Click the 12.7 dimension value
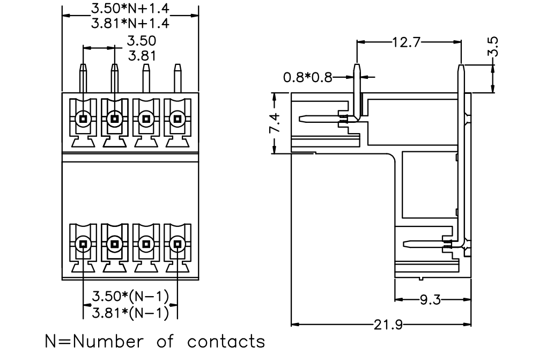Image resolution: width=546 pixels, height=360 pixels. [x=407, y=42]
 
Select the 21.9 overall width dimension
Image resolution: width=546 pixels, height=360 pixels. [x=388, y=325]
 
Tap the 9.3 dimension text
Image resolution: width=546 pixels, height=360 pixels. [x=430, y=299]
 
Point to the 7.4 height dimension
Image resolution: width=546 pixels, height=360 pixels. [x=275, y=122]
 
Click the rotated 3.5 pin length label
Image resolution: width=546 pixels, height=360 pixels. [x=493, y=47]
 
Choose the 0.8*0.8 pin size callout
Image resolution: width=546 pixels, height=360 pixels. [x=308, y=77]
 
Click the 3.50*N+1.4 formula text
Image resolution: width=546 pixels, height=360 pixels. [x=130, y=9]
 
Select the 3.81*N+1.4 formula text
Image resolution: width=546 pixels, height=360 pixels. [x=130, y=23]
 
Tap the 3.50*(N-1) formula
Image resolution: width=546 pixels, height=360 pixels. [x=130, y=296]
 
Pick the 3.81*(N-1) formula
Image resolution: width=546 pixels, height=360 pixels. [x=130, y=313]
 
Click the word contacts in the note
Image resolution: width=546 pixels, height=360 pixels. [x=226, y=341]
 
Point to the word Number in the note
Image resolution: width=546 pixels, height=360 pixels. [x=108, y=341]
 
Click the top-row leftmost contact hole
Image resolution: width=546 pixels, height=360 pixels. [x=83, y=119]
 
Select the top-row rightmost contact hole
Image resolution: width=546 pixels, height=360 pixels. [x=178, y=119]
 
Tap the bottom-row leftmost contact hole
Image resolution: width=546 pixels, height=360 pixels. [x=83, y=244]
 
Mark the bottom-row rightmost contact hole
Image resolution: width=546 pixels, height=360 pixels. [x=178, y=244]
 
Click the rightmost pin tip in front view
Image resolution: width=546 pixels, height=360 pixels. [x=178, y=65]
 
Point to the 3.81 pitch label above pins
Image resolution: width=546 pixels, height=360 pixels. [x=142, y=56]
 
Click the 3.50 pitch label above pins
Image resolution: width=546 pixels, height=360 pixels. [x=142, y=41]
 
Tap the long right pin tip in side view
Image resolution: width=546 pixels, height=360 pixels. [x=461, y=65]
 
